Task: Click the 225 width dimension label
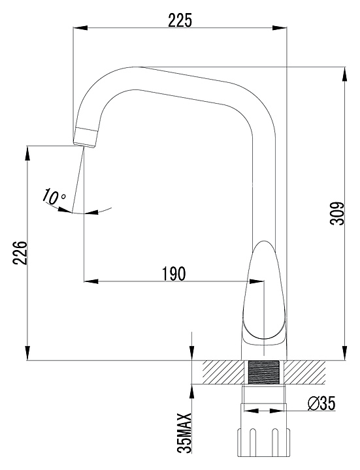[180, 21]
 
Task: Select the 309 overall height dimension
[338, 213]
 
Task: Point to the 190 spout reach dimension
[174, 274]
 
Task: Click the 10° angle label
[54, 197]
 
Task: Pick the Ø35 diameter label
[321, 403]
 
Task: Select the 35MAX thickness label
[184, 432]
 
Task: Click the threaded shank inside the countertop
[264, 372]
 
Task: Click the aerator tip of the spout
[86, 137]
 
